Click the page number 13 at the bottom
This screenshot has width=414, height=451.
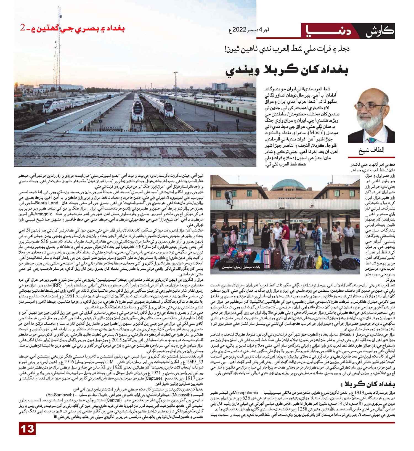27,429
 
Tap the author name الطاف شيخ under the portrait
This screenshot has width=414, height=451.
371,151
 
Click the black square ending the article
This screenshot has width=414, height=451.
55,417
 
